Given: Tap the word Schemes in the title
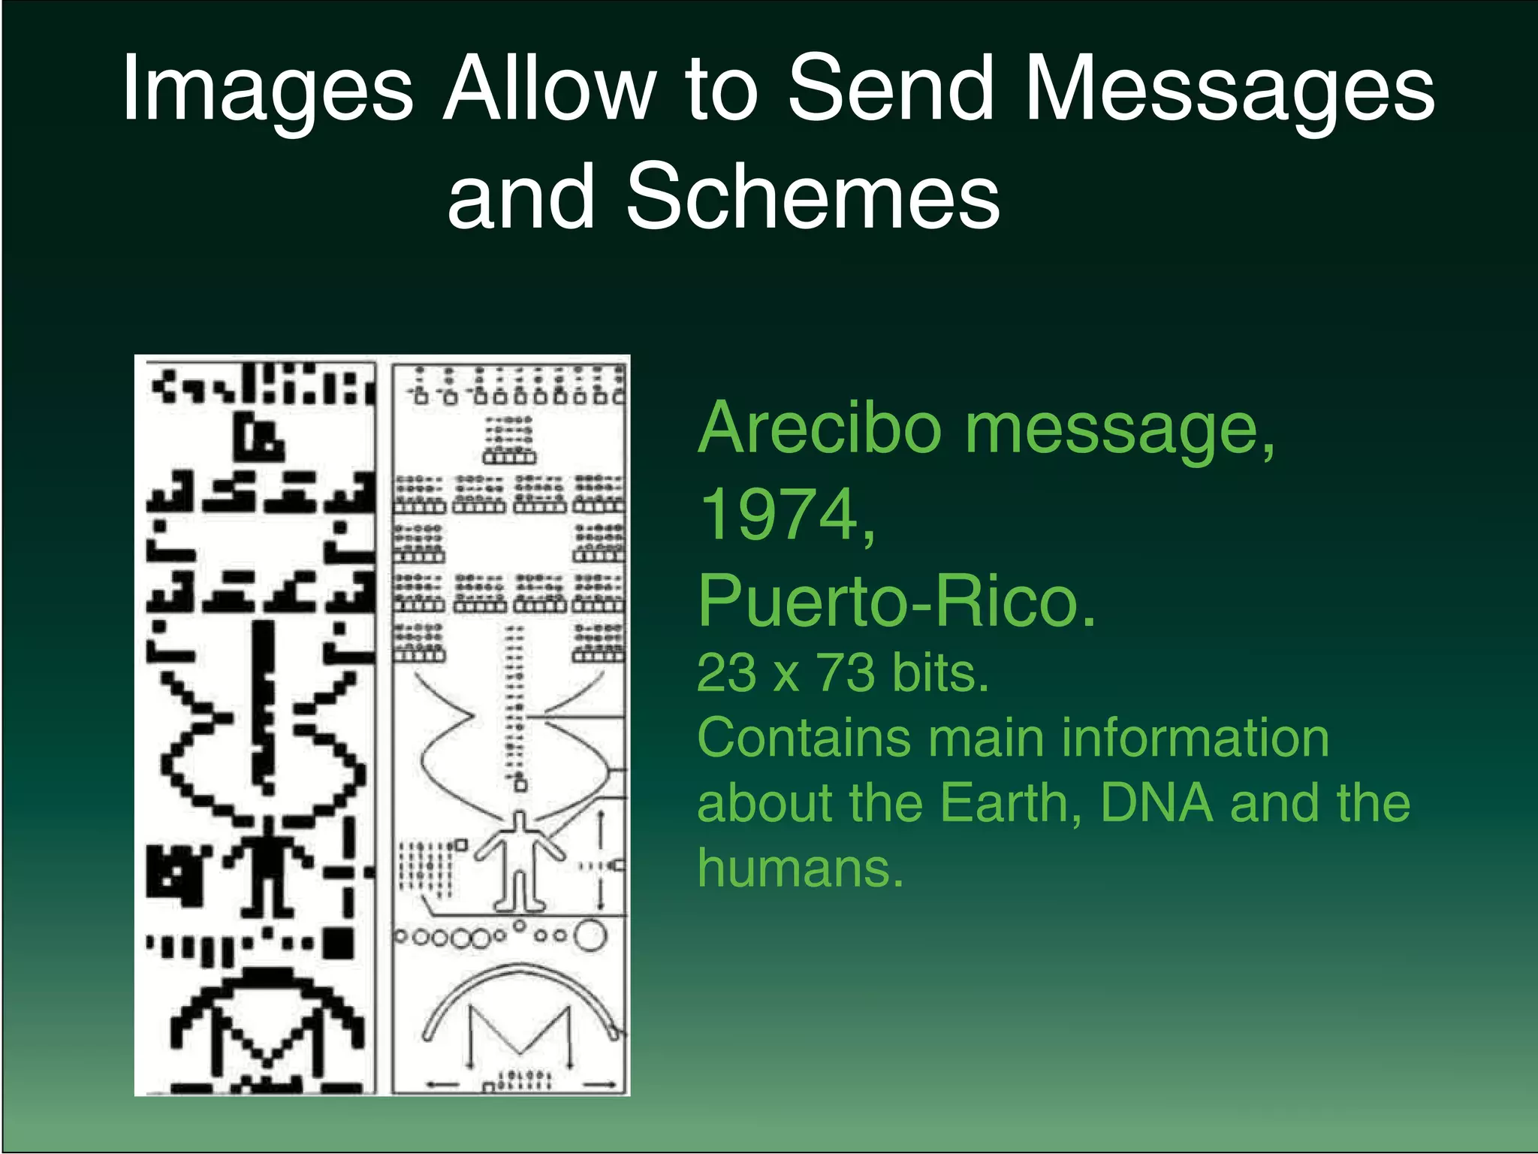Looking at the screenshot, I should tap(813, 197).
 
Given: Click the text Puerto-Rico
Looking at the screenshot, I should tap(897, 601).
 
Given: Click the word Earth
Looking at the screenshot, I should tap(1011, 802).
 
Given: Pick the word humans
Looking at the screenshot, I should tap(801, 868).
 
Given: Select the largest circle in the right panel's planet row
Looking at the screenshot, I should tap(590, 936).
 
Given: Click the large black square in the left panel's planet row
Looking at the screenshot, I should tap(339, 944).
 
